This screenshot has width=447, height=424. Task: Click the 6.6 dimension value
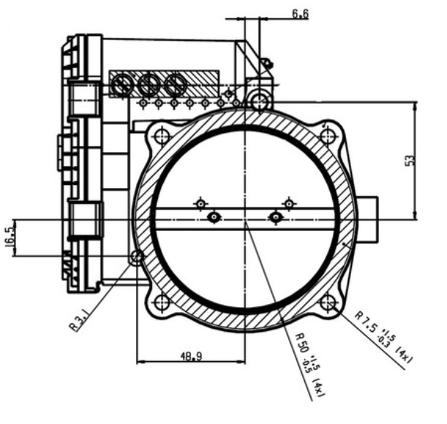[x=300, y=13]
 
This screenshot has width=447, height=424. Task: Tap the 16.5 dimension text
[x=11, y=239]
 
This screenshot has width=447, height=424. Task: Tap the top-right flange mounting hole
[x=328, y=135]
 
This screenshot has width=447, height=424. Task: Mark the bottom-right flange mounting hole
[x=328, y=301]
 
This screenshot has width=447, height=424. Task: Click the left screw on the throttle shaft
[x=214, y=216]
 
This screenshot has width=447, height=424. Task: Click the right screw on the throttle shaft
[x=276, y=216]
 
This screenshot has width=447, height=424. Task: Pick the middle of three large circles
[x=147, y=86]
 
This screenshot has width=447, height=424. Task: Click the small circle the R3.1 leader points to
[x=137, y=256]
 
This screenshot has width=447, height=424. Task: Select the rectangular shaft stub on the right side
[x=369, y=220]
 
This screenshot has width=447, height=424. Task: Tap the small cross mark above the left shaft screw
[x=198, y=203]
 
